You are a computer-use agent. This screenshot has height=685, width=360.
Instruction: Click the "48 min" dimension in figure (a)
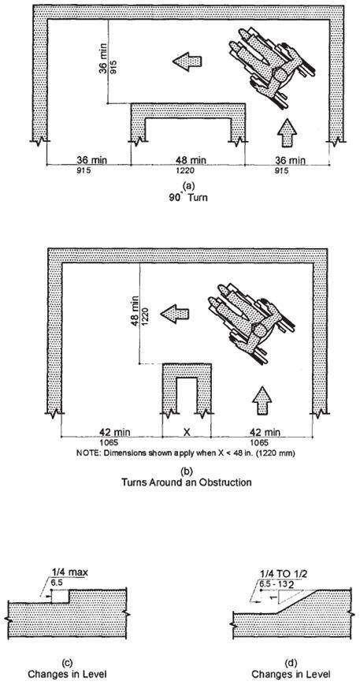[188, 160]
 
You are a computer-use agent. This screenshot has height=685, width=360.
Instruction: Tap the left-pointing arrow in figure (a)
[187, 62]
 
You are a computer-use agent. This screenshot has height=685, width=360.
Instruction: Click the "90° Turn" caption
[189, 197]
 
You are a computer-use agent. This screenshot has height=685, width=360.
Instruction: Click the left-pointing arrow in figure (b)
[174, 314]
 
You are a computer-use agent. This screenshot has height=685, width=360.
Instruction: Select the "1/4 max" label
[68, 571]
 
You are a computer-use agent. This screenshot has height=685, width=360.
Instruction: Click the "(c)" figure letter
[67, 664]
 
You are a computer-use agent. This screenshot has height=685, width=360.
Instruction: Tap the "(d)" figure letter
[290, 664]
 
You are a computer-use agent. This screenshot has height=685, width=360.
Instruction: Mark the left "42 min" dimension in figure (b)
[112, 433]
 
